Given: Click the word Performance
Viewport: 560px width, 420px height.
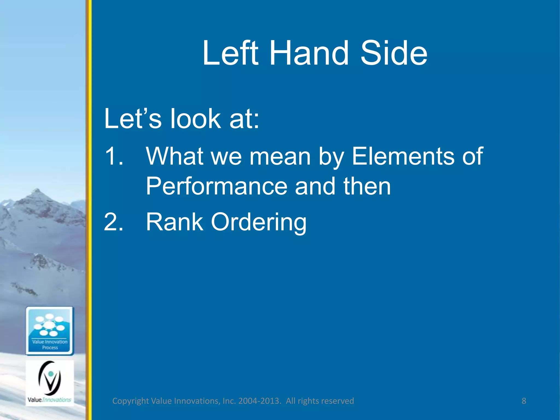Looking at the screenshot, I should click(x=217, y=186).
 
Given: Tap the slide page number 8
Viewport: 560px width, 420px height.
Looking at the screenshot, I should click(x=524, y=401).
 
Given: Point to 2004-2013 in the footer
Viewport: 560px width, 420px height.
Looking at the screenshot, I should click(x=259, y=401).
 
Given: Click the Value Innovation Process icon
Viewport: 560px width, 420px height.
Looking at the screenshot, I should click(x=50, y=331).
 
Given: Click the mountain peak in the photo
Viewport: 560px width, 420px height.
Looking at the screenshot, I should click(x=37, y=191).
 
